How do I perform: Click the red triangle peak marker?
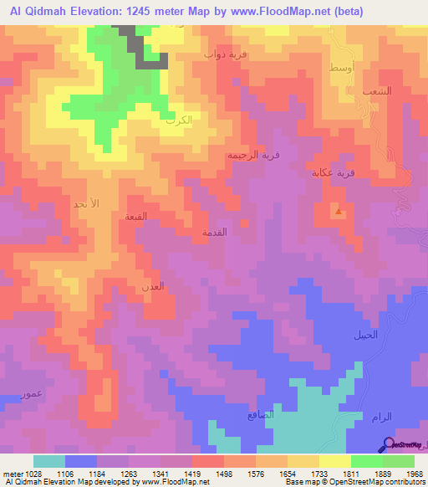click(338, 212)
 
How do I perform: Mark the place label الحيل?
click(364, 335)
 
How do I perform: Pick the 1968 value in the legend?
click(414, 473)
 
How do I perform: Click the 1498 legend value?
click(224, 473)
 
